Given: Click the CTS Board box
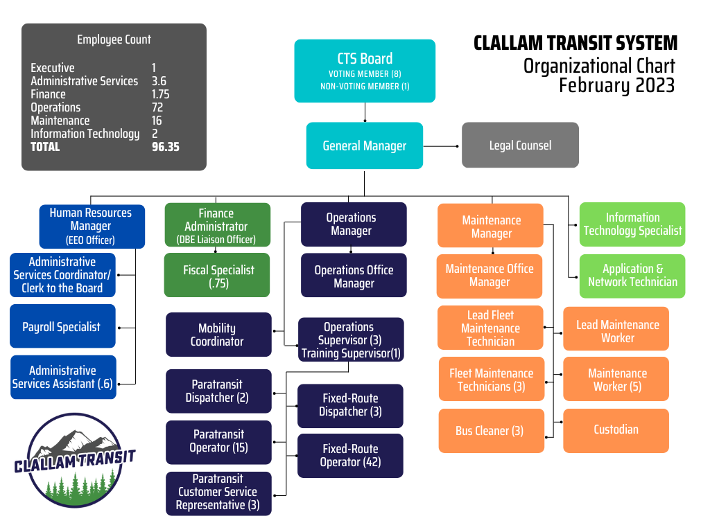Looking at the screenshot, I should coord(365,71).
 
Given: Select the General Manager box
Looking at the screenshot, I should coord(365,145).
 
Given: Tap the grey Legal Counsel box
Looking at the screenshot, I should coord(520,145).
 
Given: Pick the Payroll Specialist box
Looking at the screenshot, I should coord(62,326).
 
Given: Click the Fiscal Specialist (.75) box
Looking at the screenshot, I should coord(217,276).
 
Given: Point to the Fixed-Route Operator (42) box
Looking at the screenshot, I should coord(350,455).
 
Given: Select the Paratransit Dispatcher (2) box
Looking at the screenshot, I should coord(217,391).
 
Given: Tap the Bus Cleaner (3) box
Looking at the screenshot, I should coord(490,431).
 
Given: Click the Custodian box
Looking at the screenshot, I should coord(616,430).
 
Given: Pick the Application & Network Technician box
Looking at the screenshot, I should coord(632,276).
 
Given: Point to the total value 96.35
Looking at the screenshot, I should coord(166,147).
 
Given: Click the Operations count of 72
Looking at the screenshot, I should coord(157,107).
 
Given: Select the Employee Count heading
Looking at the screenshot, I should coord(114,40).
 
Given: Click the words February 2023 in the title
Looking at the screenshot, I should coord(616,86).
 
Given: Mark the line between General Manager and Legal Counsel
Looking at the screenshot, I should coord(442,146).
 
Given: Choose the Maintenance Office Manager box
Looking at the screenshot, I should coord(490,276).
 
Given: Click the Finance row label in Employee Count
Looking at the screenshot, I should coord(49,94).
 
